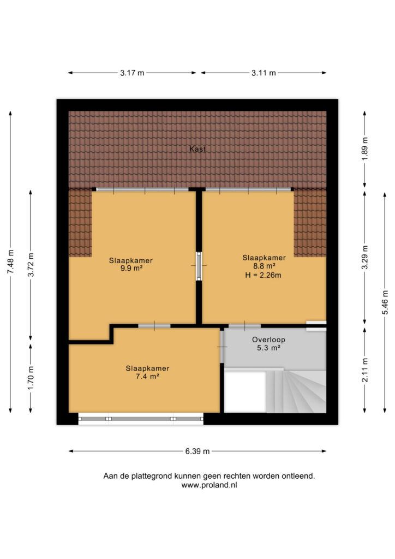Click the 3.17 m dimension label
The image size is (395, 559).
132,73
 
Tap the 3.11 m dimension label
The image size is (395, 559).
264,73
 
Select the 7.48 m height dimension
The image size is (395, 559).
11,262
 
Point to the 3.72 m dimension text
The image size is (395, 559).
31,265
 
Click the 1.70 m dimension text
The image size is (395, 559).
31,378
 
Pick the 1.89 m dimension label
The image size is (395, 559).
365,148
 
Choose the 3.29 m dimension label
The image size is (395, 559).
365,258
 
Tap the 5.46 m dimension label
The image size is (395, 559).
385,302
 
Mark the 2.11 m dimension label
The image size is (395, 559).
365,370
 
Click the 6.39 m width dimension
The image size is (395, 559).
197,451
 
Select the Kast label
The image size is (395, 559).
197,149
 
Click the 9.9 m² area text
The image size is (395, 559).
131,269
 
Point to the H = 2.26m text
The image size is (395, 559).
263,275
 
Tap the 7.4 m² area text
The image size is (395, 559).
147,377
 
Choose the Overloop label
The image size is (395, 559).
268,340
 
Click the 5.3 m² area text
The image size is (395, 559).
268,348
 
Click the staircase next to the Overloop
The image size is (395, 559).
296,391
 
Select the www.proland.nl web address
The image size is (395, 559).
209,485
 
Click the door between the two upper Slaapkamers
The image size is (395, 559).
199,266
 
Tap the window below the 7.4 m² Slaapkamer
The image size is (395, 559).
141,419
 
